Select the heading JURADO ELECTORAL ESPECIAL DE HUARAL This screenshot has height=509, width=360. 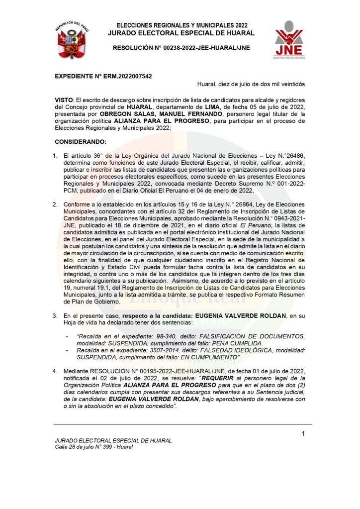181,33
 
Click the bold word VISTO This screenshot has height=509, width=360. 63,100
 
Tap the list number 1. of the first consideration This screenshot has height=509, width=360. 56,156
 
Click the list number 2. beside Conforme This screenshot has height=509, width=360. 56,204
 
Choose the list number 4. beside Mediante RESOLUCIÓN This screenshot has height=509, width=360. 56,371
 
